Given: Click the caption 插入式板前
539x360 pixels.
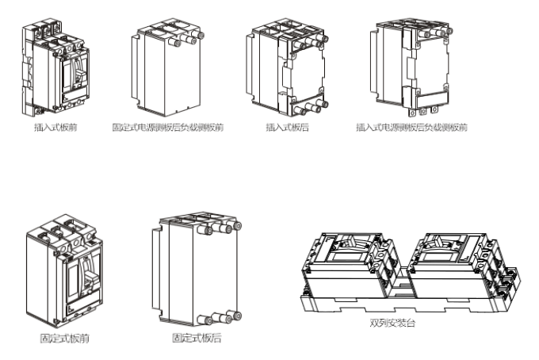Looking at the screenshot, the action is pyautogui.click(x=55, y=127).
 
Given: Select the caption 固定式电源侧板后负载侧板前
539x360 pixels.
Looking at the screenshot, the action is pyautogui.click(x=168, y=127).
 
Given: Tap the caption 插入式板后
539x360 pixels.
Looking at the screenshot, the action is pyautogui.click(x=288, y=127).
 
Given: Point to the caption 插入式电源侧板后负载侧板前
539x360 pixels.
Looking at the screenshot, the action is pyautogui.click(x=412, y=127).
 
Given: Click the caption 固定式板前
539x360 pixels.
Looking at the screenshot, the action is pyautogui.click(x=65, y=339).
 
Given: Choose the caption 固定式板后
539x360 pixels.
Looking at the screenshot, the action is pyautogui.click(x=197, y=338).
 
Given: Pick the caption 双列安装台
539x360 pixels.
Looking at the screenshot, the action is pyautogui.click(x=392, y=323).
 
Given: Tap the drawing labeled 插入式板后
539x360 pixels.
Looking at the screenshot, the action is pyautogui.click(x=288, y=67).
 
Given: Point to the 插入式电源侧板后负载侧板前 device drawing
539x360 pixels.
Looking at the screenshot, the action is pyautogui.click(x=411, y=67).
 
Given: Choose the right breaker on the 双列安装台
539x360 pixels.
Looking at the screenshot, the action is pyautogui.click(x=457, y=267).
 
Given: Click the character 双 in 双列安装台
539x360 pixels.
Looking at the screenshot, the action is pyautogui.click(x=374, y=323).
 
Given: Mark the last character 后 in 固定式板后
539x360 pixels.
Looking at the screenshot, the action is pyautogui.click(x=216, y=338).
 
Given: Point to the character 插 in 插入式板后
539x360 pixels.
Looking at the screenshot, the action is pyautogui.click(x=270, y=127).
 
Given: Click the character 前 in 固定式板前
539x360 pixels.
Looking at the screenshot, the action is pyautogui.click(x=85, y=339).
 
